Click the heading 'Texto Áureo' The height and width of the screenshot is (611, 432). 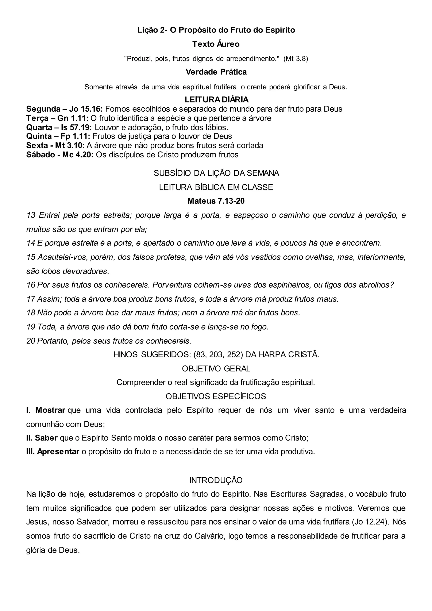pos(216,44)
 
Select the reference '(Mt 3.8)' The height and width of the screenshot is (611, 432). pos(296,59)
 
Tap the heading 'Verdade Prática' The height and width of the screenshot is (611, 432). pos(216,72)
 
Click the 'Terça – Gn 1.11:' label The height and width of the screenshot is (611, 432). pos(57,118)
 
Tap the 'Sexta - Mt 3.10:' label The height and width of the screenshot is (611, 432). pos(55,146)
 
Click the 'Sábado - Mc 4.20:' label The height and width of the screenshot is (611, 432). pos(59,155)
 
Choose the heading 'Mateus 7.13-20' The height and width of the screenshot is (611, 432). pos(216,201)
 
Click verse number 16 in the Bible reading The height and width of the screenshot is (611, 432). pos(31,285)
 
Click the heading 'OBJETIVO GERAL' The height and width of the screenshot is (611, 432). pos(216,369)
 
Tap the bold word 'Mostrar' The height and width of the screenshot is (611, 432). pos(50,410)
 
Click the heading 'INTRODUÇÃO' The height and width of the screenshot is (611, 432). pos(216,480)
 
